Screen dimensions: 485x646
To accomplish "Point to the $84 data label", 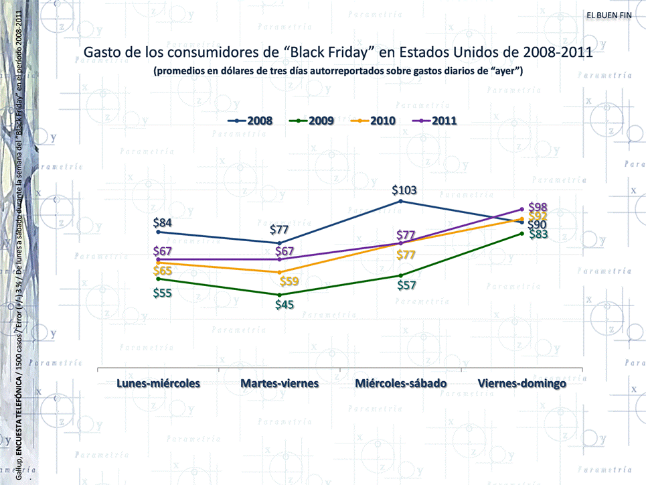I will [165, 222].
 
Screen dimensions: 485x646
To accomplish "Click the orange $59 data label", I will [289, 281].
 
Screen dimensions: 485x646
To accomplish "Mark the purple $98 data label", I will [538, 207].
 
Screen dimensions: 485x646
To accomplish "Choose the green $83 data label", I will [538, 234].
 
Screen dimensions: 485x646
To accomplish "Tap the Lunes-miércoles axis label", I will [159, 384].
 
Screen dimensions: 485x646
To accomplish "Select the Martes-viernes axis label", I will [280, 384].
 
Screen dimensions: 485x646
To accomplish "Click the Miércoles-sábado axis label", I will [401, 384].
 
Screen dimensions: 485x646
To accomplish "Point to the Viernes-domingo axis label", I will [522, 384].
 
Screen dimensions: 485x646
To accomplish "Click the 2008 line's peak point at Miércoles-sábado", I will [400, 201].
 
